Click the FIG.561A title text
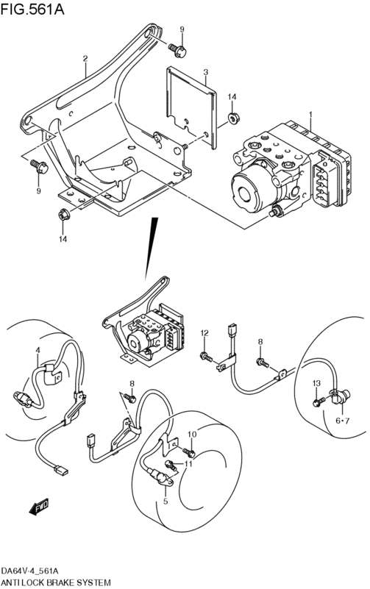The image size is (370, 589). pos(32,9)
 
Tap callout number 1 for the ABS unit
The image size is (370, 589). pos(310,113)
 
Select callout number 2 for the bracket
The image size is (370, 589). pos(85,58)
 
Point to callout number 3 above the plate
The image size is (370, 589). pos(205,72)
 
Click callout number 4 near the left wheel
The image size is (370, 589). pos(38,350)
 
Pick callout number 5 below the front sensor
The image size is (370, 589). pos(166,501)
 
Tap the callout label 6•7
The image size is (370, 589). pos(342,421)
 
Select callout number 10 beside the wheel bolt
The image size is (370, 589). pos(191,435)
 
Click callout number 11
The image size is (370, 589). pos(188,464)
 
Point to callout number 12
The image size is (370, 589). pos(204,333)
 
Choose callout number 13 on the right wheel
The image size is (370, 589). pos(316,383)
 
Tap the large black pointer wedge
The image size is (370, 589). pos(152,249)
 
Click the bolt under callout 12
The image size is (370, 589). pos(207,357)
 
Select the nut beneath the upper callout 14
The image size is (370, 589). pos(234,118)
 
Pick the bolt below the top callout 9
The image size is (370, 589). pos(177,50)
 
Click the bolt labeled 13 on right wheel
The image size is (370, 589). pos(319,401)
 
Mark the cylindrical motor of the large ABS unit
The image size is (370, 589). pos(255,188)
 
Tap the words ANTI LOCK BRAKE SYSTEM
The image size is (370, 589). pos(56,582)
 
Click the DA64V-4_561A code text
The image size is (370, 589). pos(30,571)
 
